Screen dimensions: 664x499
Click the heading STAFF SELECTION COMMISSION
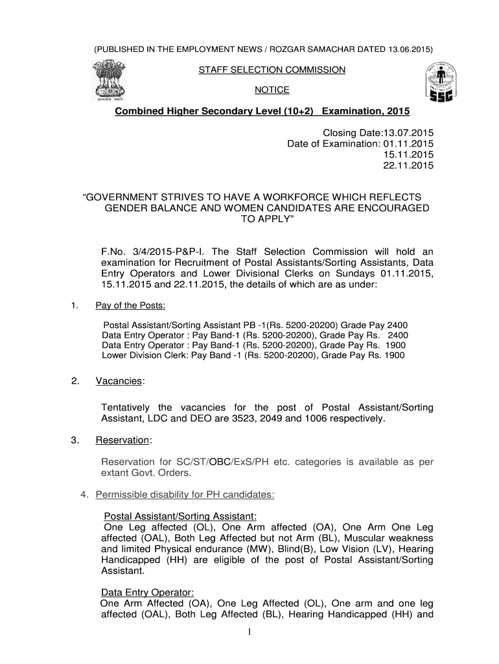click(272, 69)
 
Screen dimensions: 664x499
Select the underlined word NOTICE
click(272, 89)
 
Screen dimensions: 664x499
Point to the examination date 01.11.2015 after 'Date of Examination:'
click(408, 143)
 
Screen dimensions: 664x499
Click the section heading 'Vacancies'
click(119, 381)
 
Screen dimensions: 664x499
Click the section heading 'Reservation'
click(122, 441)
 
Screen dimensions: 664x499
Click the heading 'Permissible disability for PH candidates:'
click(185, 495)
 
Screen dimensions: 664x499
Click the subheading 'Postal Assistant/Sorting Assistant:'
click(181, 516)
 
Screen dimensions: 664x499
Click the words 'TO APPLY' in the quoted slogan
click(266, 220)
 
